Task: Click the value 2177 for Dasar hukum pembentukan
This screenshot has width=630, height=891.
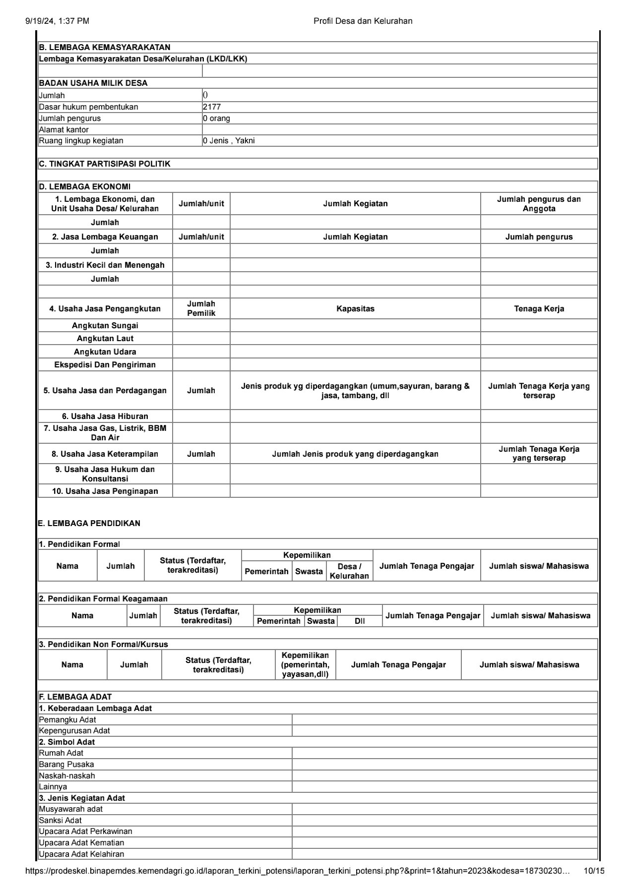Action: point(212,107)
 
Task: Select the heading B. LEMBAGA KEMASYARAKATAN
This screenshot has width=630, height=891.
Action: point(105,48)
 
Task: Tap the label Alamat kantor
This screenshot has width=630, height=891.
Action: point(64,130)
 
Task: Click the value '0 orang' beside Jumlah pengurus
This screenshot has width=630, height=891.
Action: point(216,119)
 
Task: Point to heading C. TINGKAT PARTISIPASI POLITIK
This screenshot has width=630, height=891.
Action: point(105,164)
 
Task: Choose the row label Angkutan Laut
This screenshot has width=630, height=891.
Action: point(105,339)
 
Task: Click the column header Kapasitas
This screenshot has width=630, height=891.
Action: point(355,309)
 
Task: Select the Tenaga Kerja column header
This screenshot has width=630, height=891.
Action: point(539,309)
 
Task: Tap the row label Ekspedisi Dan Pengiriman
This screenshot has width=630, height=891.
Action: point(105,365)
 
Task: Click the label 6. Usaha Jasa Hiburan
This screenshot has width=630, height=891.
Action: point(105,416)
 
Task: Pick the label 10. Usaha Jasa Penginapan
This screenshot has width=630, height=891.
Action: point(105,491)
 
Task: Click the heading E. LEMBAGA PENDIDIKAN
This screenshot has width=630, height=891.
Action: point(89,524)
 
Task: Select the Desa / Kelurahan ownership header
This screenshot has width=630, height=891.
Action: point(349,571)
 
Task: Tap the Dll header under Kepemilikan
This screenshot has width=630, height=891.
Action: point(360,621)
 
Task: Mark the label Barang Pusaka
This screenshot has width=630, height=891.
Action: point(66,765)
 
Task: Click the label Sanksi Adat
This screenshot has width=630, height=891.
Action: point(61,821)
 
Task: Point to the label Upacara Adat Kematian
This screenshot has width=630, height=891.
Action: point(81,843)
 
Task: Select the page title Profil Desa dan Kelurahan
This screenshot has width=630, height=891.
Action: point(363,21)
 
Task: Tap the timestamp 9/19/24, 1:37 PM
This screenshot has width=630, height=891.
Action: point(57,21)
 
